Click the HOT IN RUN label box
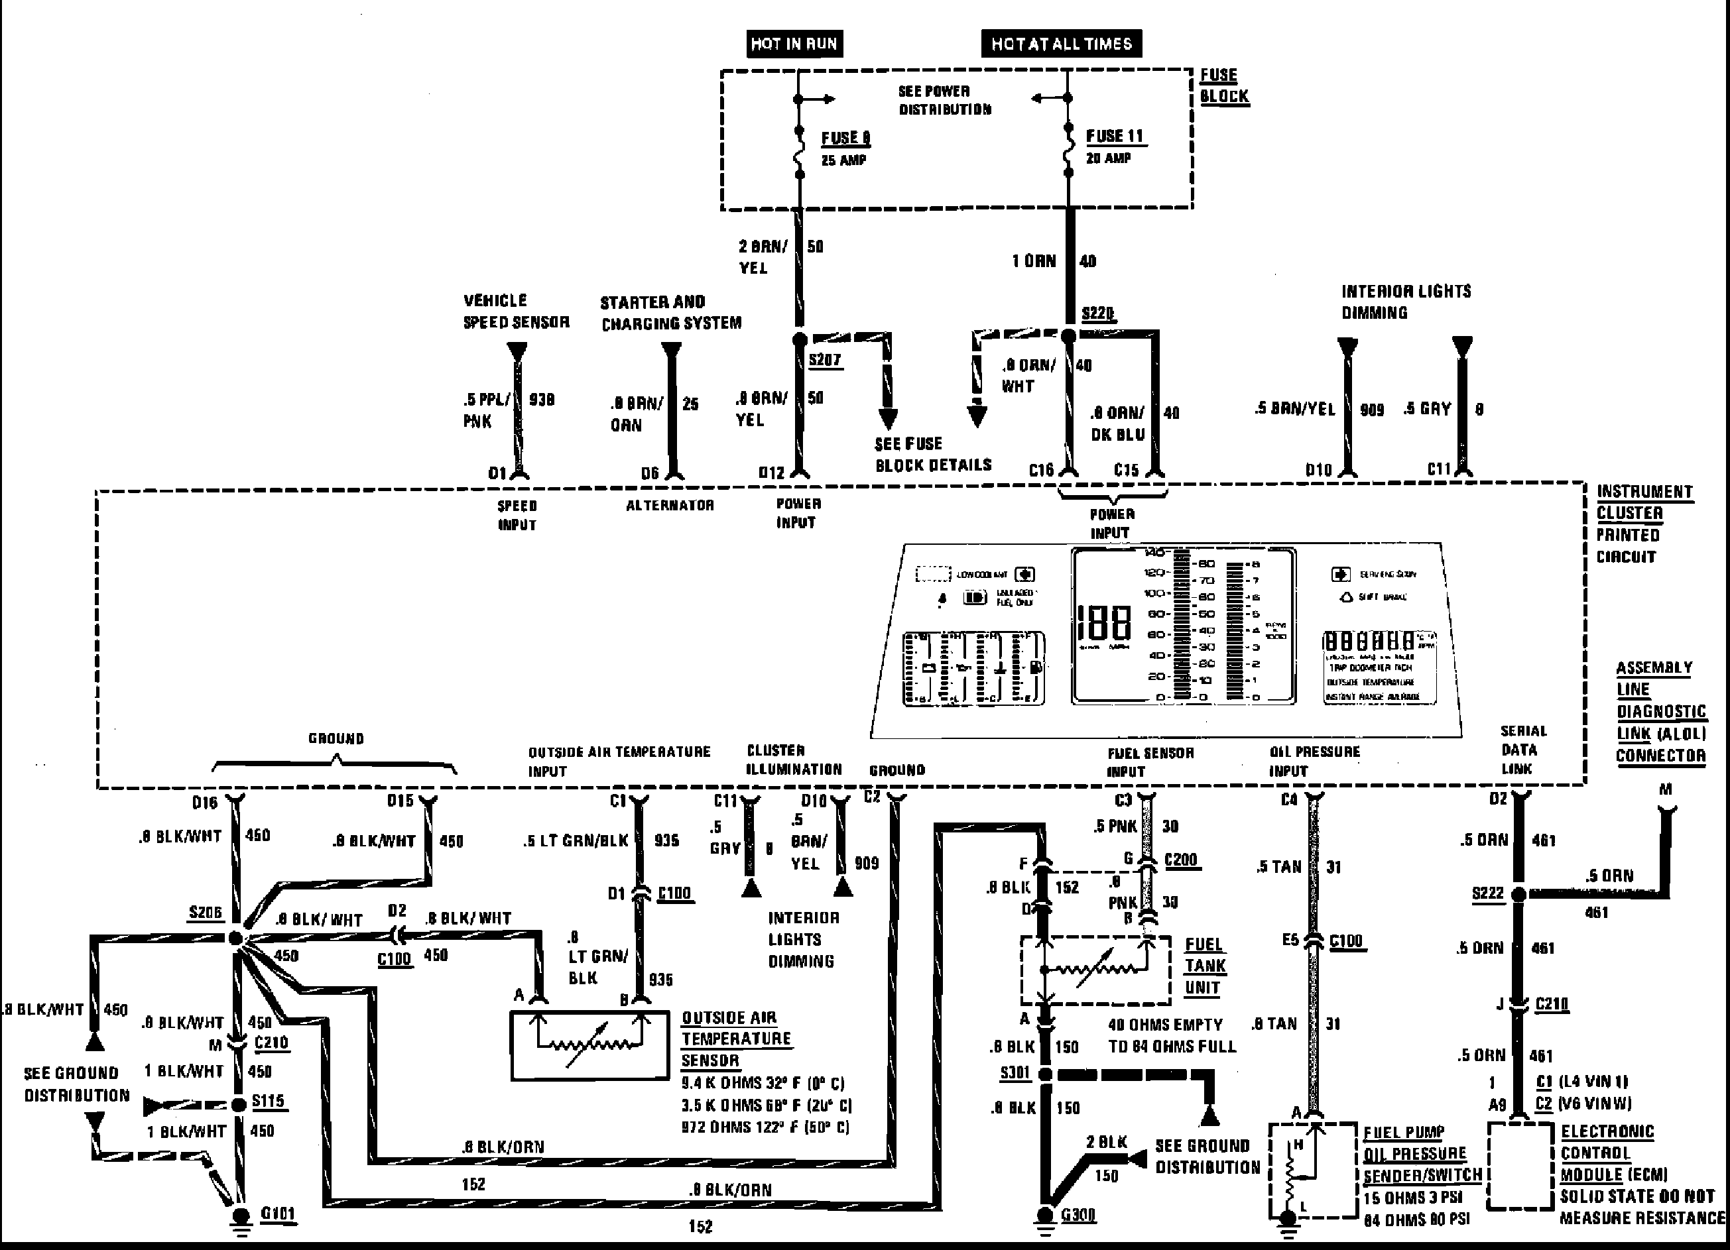[794, 44]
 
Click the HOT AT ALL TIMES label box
[1061, 44]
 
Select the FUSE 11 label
[1115, 137]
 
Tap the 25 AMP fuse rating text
[843, 160]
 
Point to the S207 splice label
[825, 359]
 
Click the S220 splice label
[1097, 313]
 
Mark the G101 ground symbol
[241, 1216]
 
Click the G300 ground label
[1078, 1214]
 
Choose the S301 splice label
[1015, 1073]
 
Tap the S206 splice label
[205, 912]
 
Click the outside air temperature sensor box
[589, 1045]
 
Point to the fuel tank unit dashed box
[1095, 970]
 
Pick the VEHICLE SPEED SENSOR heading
[517, 311]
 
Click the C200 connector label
[1181, 860]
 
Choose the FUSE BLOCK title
[1223, 85]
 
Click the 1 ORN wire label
[1034, 261]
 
